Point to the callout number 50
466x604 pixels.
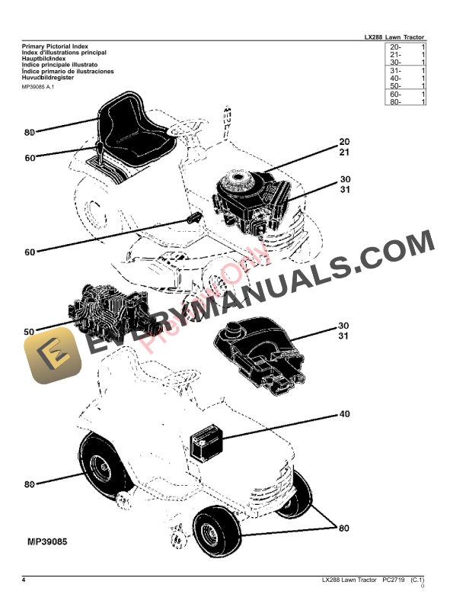coord(29,333)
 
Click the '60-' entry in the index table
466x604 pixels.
coord(396,94)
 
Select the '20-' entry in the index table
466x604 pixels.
coord(396,47)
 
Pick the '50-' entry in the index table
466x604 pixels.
coord(396,86)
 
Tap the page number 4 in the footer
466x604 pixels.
coord(24,582)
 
